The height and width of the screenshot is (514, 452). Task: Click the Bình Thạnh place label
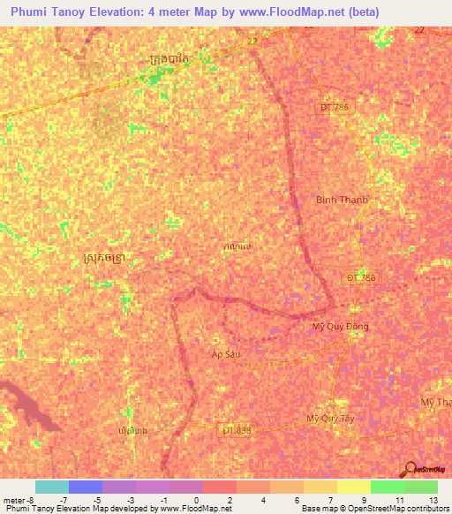tap(342, 200)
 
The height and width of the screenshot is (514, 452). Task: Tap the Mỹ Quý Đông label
tap(340, 326)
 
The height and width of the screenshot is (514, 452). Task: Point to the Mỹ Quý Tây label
tap(330, 418)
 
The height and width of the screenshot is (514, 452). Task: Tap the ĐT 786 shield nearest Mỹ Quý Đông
tap(360, 277)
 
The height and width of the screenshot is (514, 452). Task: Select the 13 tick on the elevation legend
tap(433, 500)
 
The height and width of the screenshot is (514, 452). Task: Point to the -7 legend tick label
tap(64, 500)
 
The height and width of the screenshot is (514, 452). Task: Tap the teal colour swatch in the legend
tap(52, 487)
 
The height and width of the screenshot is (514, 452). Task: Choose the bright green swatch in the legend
tap(387, 487)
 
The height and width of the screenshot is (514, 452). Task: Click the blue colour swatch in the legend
tap(86, 487)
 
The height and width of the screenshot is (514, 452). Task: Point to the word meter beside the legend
tap(14, 500)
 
